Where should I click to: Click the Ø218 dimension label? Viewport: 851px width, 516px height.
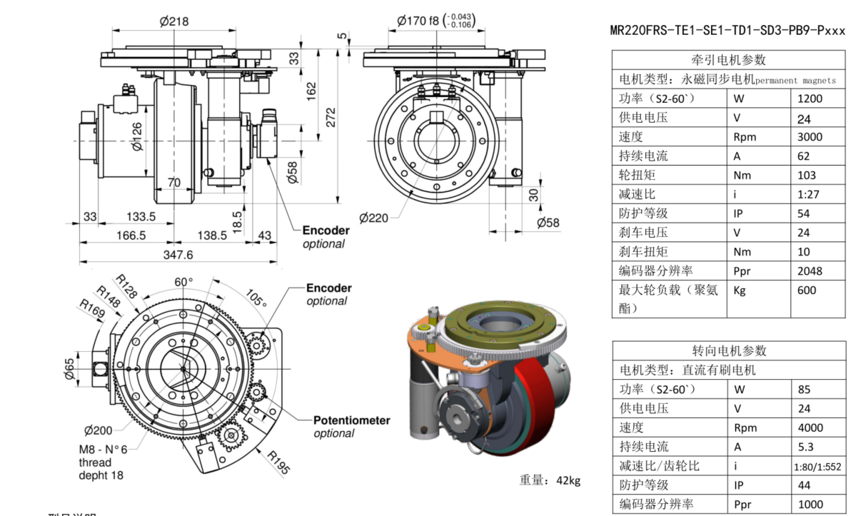coord(174,21)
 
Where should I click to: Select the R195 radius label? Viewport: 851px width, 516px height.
coord(279,462)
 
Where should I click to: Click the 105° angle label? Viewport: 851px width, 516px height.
coord(256,295)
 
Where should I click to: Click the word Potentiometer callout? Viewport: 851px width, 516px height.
coord(351,420)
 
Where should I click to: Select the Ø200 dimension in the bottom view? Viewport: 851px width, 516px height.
coord(98,430)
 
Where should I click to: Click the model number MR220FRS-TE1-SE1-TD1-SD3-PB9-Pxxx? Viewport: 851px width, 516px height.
coord(727,31)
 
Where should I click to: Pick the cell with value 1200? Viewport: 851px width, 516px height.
coord(810,98)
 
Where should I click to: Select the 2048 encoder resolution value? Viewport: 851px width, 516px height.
coord(810,270)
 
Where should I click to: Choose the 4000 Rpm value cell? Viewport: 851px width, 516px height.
coord(810,428)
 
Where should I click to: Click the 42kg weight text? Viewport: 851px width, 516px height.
coord(550,480)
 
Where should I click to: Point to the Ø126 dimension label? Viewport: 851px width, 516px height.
coord(136,136)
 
